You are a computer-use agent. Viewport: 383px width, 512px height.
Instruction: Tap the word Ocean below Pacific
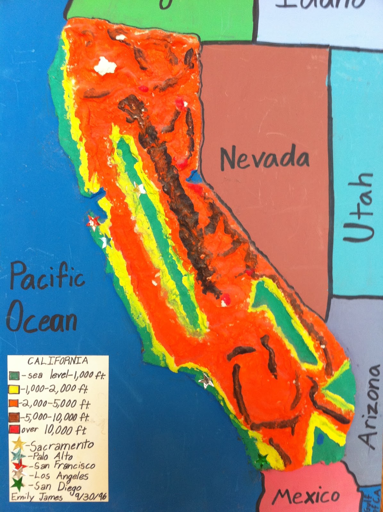(x=42, y=319)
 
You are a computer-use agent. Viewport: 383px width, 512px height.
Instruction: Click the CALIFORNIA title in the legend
(x=58, y=361)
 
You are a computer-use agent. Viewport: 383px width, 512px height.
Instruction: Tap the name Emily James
(x=37, y=497)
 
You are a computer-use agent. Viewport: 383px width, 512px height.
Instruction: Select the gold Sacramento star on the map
(x=140, y=188)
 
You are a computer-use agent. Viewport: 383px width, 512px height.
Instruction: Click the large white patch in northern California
(x=105, y=66)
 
